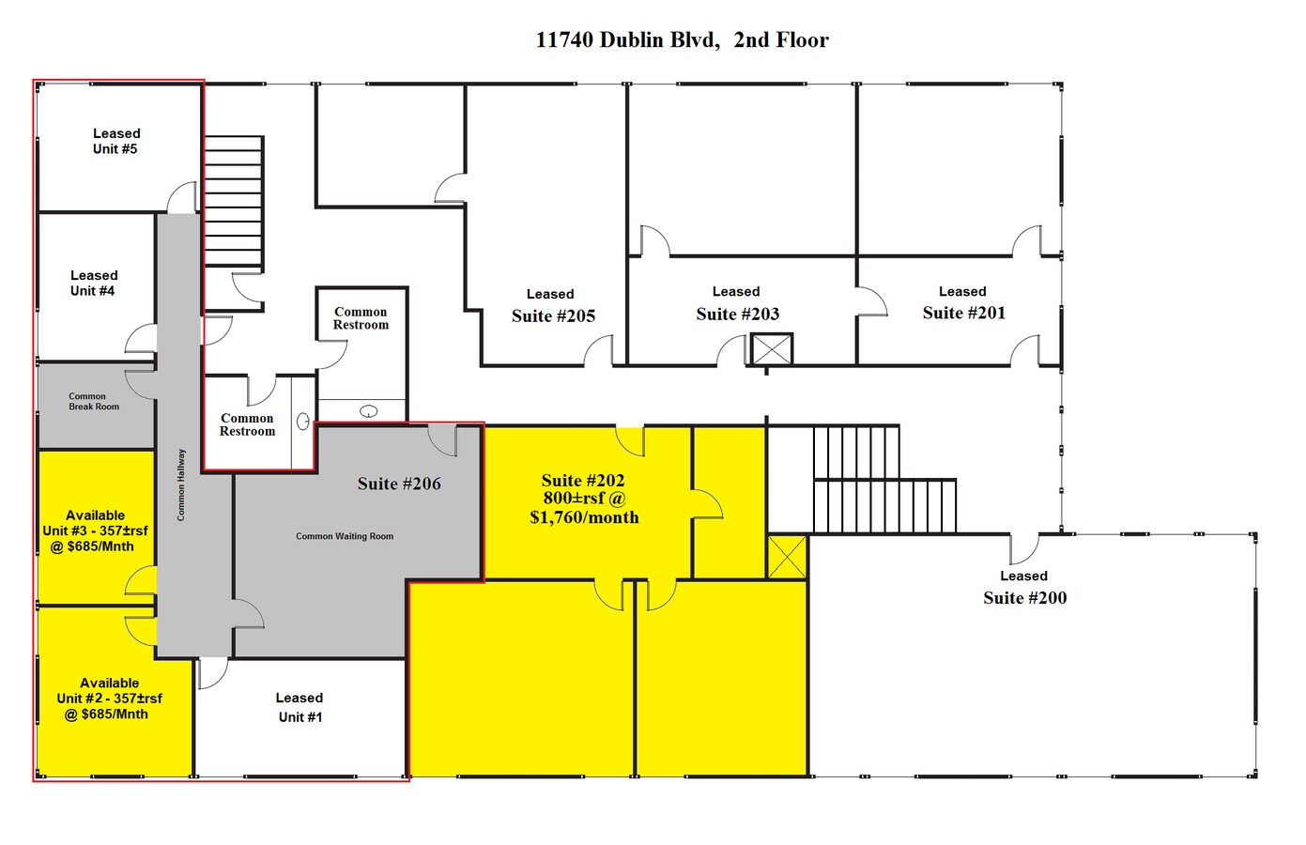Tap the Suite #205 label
pyautogui.click(x=553, y=316)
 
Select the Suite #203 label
pyautogui.click(x=737, y=315)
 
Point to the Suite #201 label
pyautogui.click(x=963, y=314)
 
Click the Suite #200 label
pyautogui.click(x=1024, y=598)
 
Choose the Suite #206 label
pyautogui.click(x=399, y=484)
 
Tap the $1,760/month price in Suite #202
pyautogui.click(x=584, y=517)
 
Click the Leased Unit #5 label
pyautogui.click(x=115, y=142)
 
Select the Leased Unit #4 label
pyautogui.click(x=93, y=284)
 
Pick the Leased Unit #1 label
pyautogui.click(x=300, y=708)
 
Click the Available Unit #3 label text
pyautogui.click(x=95, y=531)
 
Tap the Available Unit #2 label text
pyautogui.click(x=109, y=699)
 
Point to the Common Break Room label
pyautogui.click(x=94, y=402)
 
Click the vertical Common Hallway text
pyautogui.click(x=181, y=484)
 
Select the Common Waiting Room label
pyautogui.click(x=345, y=537)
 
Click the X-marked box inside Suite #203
pyautogui.click(x=772, y=350)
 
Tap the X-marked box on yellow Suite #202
pyautogui.click(x=787, y=558)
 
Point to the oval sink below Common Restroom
pyautogui.click(x=369, y=410)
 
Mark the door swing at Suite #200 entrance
pyautogui.click(x=1024, y=547)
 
